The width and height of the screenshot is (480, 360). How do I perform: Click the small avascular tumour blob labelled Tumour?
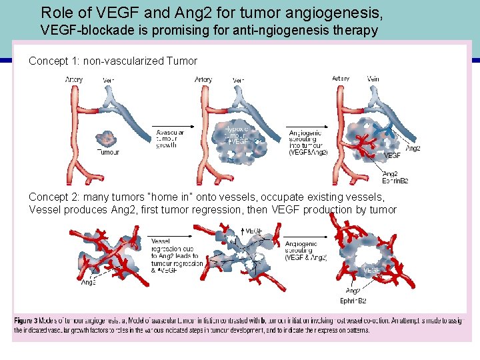[x=105, y=139]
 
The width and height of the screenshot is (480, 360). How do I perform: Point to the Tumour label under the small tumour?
[x=108, y=152]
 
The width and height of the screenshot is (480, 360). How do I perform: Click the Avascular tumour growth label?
[x=169, y=139]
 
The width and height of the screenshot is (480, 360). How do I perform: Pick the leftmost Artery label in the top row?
[x=74, y=80]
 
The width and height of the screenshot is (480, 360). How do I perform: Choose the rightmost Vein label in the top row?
[x=373, y=79]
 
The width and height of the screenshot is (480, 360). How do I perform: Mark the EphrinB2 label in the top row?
[x=395, y=181]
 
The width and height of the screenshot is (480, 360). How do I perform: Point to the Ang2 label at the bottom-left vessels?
[x=89, y=283]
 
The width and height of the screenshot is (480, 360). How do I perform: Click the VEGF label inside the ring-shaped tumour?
[x=372, y=270]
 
